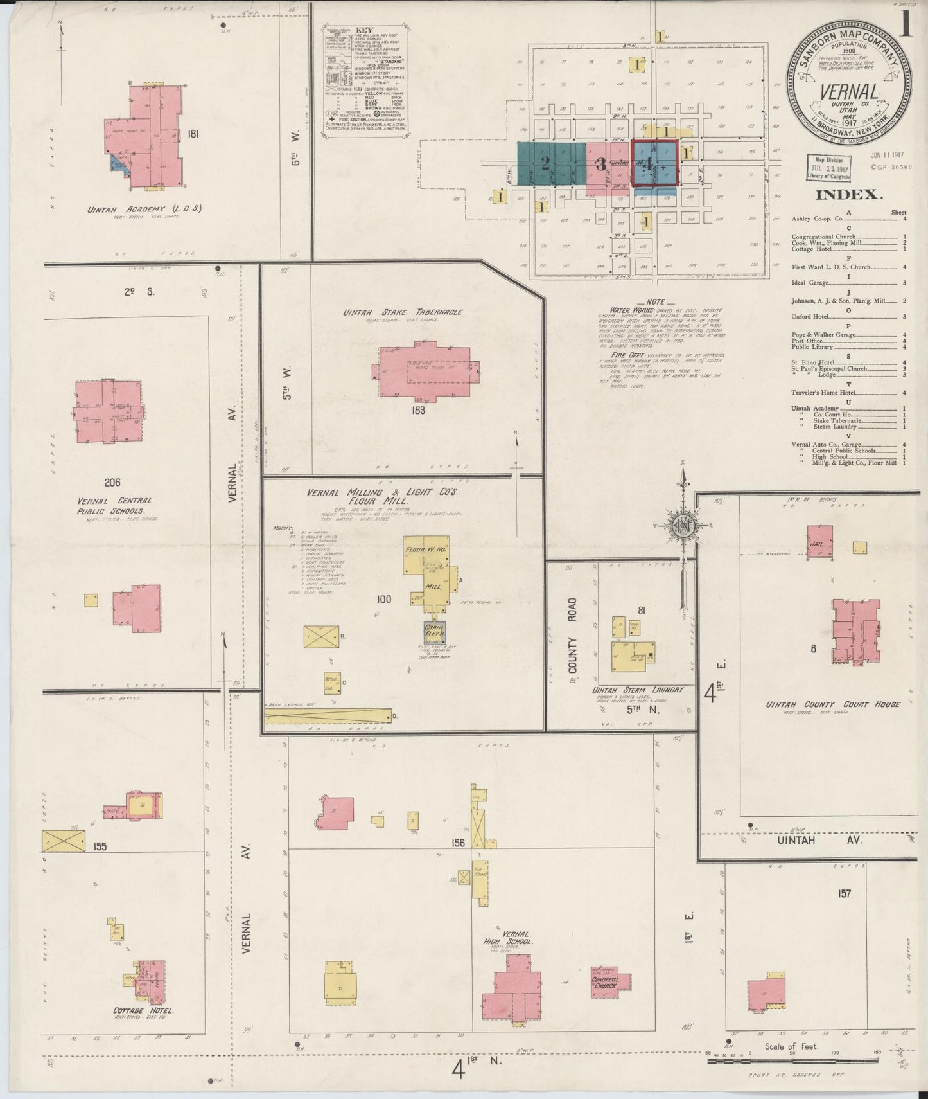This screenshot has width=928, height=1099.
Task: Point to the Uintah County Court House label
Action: (832, 704)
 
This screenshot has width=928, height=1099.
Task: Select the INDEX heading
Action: (848, 195)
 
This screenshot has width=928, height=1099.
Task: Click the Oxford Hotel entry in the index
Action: (810, 316)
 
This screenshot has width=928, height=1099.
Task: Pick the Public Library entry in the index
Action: (812, 347)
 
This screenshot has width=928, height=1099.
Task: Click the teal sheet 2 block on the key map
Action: (545, 163)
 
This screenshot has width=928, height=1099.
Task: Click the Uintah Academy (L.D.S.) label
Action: (144, 208)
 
